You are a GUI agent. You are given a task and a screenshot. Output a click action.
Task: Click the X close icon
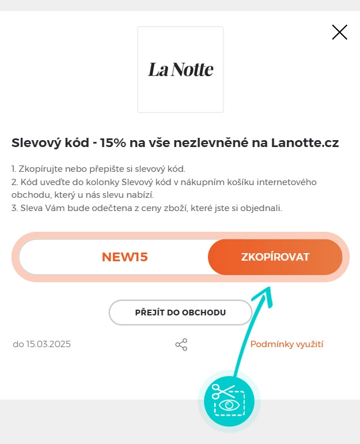[340, 32]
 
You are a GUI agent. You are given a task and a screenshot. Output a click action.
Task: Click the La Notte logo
[180, 70]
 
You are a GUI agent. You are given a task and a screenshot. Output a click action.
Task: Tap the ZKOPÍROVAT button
[275, 257]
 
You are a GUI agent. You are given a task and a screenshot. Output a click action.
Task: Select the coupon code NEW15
[125, 257]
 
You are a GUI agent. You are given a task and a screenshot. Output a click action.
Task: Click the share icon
[181, 345]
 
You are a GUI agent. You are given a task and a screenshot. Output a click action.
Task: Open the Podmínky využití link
[287, 344]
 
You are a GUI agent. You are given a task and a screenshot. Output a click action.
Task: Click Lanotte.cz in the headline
[305, 143]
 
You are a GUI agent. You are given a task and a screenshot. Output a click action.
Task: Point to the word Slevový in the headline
[36, 143]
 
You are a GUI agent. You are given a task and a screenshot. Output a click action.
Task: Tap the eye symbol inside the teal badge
[229, 405]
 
